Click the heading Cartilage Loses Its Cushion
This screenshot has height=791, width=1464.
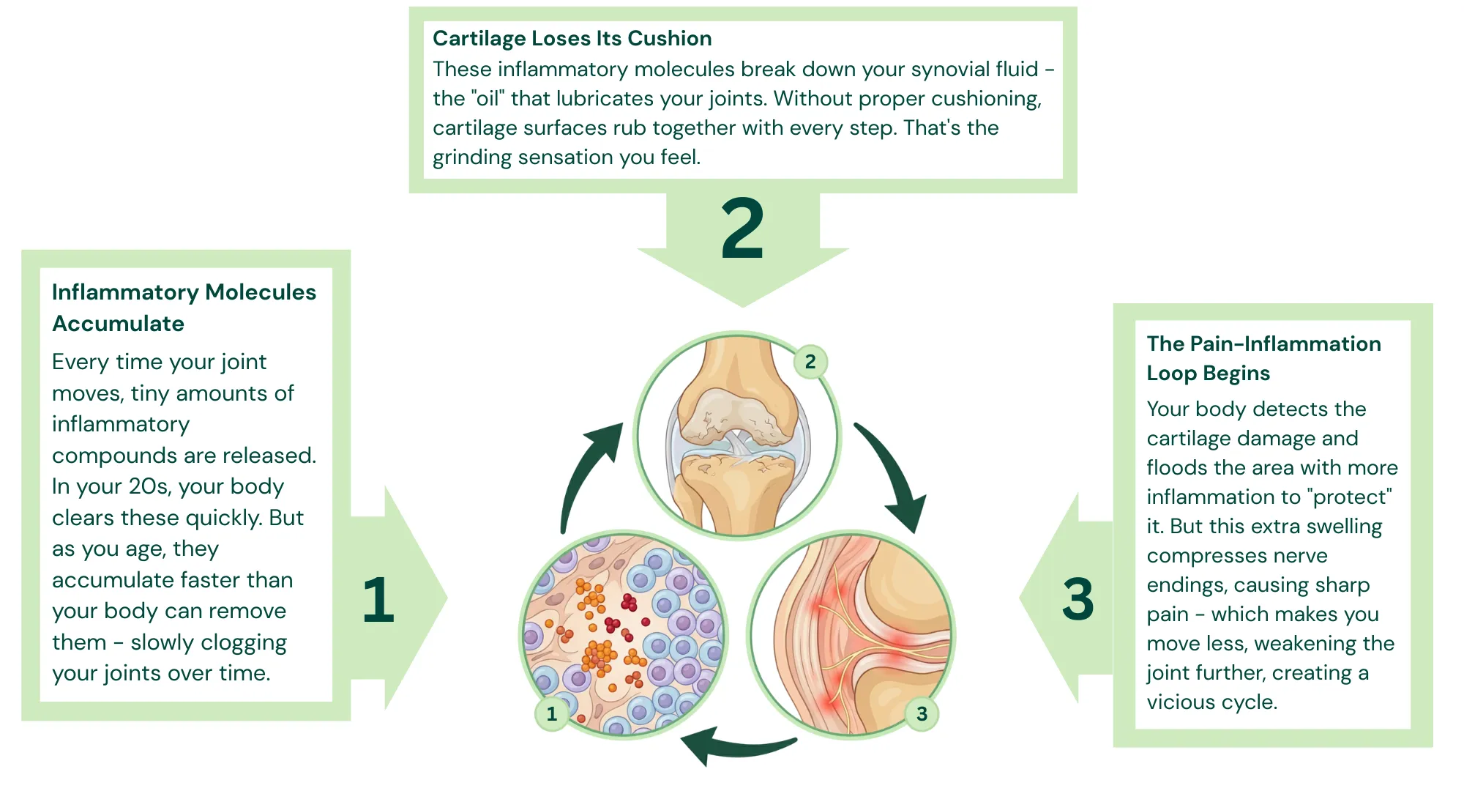572,38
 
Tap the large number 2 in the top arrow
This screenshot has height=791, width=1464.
742,230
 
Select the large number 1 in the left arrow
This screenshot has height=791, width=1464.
378,601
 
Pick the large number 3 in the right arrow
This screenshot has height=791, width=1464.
1078,600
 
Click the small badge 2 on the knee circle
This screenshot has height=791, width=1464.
810,362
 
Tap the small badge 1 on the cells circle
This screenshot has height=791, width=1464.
552,713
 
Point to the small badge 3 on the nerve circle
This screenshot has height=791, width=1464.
922,713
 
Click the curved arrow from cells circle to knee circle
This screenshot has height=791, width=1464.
586,469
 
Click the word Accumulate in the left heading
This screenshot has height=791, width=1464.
118,324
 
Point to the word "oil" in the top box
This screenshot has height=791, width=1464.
488,99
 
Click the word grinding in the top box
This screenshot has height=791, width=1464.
472,157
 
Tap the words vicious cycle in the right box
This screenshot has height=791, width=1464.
1211,702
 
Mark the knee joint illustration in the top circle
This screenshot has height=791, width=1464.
737,436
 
